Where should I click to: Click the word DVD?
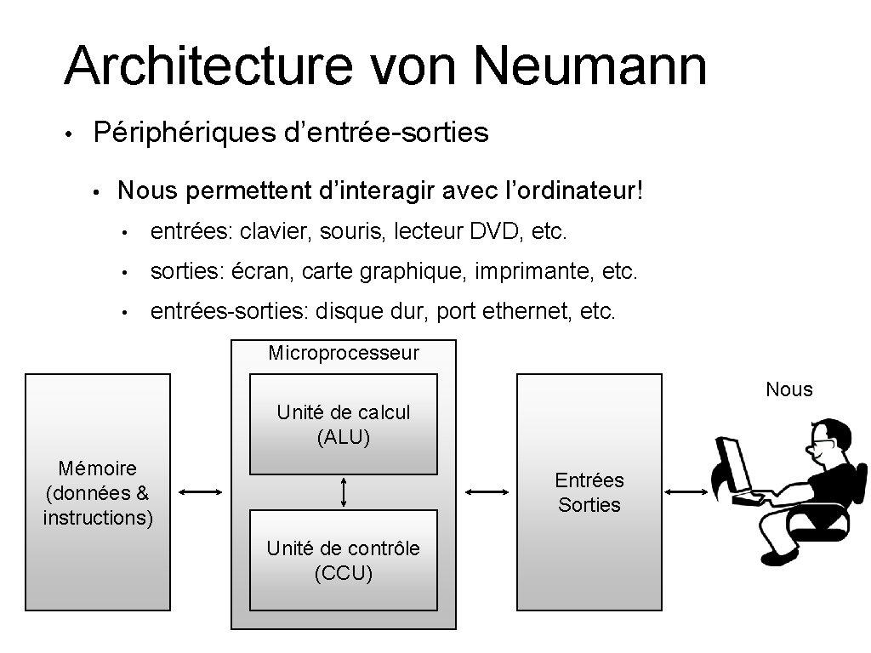click(x=487, y=230)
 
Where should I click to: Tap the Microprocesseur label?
click(x=344, y=353)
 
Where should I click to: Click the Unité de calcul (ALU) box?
click(x=343, y=424)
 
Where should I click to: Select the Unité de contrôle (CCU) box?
click(x=343, y=560)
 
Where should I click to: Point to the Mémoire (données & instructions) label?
click(x=98, y=492)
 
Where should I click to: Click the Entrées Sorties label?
click(x=589, y=492)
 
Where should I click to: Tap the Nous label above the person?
click(x=789, y=389)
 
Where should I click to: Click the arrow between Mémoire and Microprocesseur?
click(x=201, y=491)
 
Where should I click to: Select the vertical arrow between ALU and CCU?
click(x=344, y=491)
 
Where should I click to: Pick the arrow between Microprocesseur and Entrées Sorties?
click(x=487, y=491)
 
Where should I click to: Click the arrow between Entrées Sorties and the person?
click(x=686, y=491)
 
